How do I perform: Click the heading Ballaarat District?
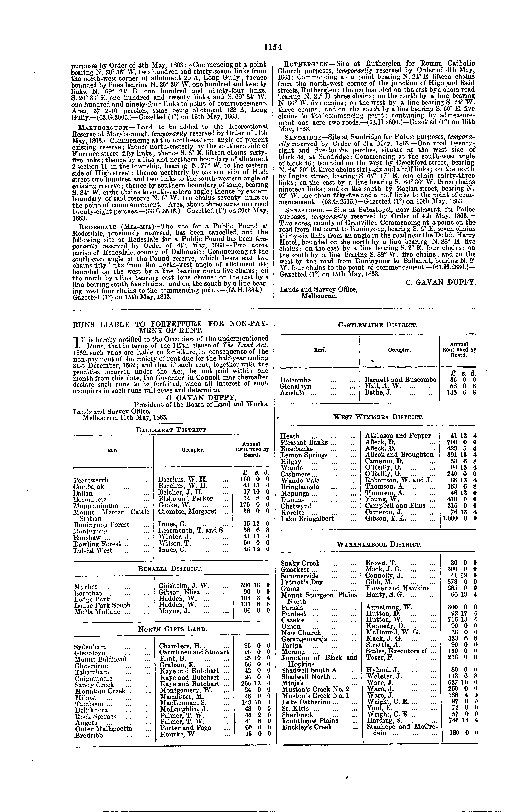pos(172,430)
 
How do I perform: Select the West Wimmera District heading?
pos(378,417)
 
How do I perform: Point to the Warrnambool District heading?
pos(379,545)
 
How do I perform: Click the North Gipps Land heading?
pos(172,629)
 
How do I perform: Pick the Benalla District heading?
pos(171,568)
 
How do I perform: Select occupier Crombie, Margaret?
pos(187,512)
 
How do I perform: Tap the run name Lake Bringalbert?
pos(307,519)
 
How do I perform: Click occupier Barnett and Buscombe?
pos(401,380)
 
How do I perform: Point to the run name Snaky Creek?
pos(300,563)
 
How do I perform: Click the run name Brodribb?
pos(89,735)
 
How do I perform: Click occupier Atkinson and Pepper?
pos(398,436)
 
